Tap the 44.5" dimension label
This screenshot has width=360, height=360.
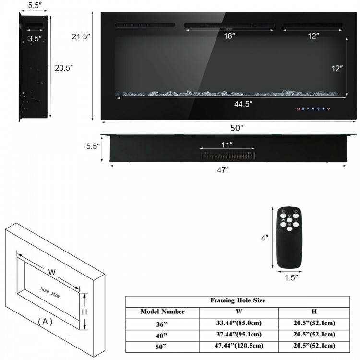(243, 103)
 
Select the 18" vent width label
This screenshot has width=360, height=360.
(229, 36)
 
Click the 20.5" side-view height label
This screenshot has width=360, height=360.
(63, 68)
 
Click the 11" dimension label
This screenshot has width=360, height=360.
(227, 144)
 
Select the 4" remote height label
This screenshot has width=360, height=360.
(264, 238)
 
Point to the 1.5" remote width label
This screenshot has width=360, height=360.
(290, 277)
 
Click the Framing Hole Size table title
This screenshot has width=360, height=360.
(238, 300)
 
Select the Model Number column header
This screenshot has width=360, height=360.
(162, 312)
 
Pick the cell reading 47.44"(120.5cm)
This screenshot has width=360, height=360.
(239, 345)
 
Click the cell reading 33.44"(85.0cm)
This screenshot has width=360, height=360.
(239, 323)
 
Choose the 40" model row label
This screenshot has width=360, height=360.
(162, 334)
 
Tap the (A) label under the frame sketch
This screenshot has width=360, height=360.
(45, 322)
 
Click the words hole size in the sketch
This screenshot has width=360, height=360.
(50, 292)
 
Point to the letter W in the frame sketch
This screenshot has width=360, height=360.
(52, 272)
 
